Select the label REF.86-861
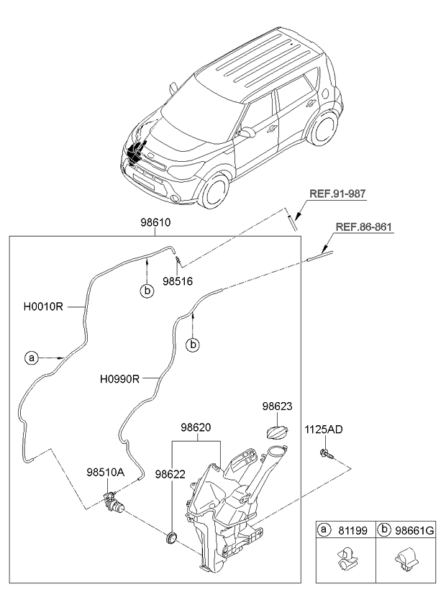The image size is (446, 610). point(365,228)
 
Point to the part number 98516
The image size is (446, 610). point(178,281)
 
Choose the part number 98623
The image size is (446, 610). point(277,407)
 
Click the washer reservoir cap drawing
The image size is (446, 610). point(277,434)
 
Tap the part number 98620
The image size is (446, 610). point(196,428)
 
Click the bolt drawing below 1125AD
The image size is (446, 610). point(325,454)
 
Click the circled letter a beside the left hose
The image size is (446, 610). point(31,357)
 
